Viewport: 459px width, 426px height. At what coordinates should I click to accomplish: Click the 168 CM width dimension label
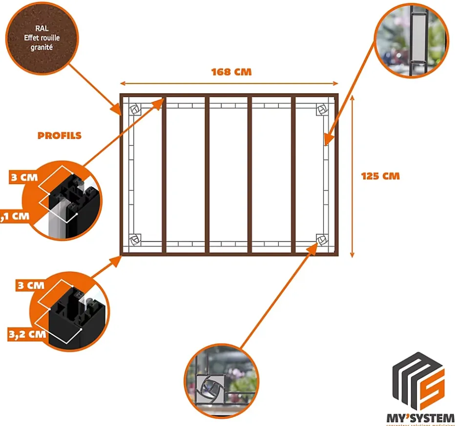231,72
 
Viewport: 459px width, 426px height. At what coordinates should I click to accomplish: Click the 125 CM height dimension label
380,176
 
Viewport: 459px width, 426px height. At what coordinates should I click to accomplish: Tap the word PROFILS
59,136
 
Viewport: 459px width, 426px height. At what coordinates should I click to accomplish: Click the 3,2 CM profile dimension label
27,334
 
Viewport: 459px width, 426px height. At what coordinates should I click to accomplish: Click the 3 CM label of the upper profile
23,177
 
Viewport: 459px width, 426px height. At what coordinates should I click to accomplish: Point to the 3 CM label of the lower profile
30,285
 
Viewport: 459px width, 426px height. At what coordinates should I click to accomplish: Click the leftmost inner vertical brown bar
165,174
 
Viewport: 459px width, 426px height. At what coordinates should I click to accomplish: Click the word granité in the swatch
42,48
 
